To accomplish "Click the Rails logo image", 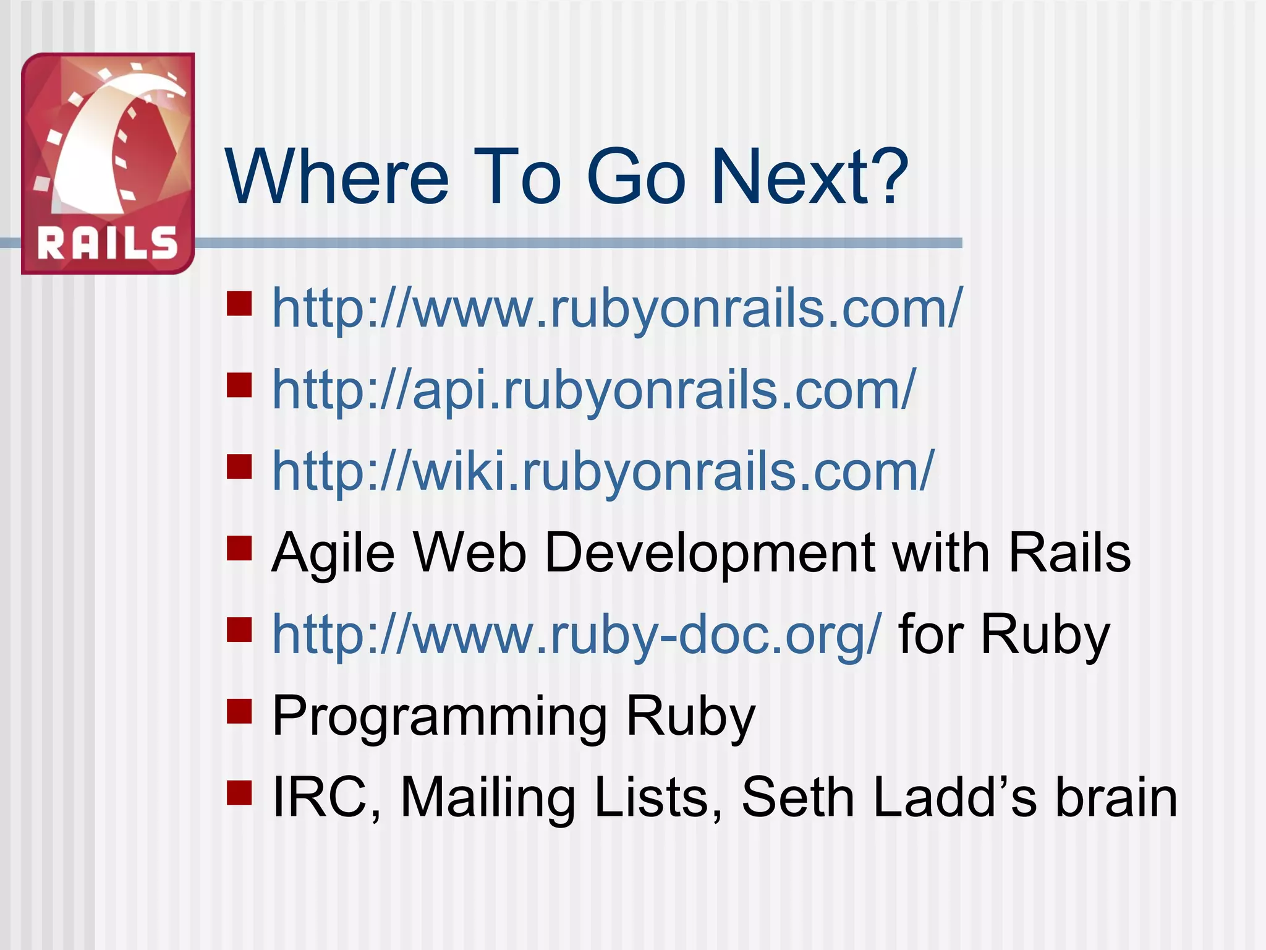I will coord(108,163).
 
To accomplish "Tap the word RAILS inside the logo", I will coord(108,242).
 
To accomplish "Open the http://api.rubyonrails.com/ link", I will coord(593,389).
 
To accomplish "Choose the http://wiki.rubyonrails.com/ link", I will coord(603,471).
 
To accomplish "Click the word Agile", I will coord(333,554).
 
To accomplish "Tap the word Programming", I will coord(439,717).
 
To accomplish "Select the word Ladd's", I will coord(955,797).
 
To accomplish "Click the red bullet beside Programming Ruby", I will coord(239,711).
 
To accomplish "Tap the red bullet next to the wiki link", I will coord(239,467).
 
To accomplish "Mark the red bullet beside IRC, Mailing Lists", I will coord(239,792).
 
